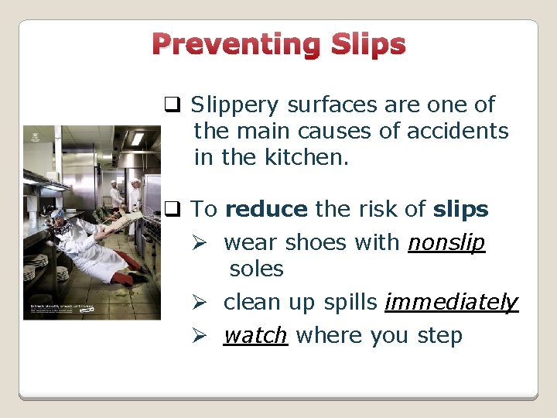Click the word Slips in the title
point(367,45)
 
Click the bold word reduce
point(266,209)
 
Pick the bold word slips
point(461,209)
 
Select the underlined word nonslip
point(446,243)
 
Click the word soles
point(256,269)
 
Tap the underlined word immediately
point(451,303)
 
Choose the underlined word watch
point(255,336)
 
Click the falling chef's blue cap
point(59,214)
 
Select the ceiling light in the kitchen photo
point(138,139)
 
